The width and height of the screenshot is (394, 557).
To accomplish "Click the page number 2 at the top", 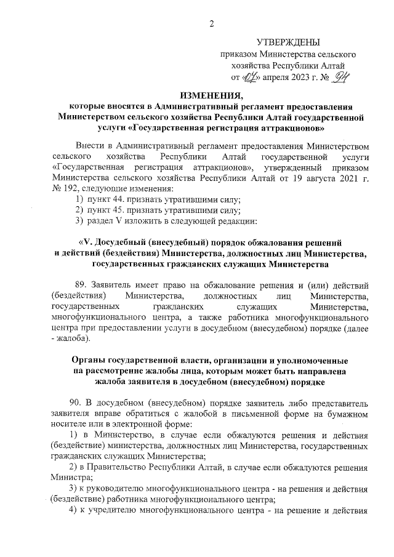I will (x=211, y=24).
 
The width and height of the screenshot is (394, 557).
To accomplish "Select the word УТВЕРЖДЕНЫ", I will (x=287, y=42).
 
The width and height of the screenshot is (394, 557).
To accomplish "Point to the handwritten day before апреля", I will (x=252, y=78).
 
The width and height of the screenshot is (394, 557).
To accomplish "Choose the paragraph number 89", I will (x=81, y=286).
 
